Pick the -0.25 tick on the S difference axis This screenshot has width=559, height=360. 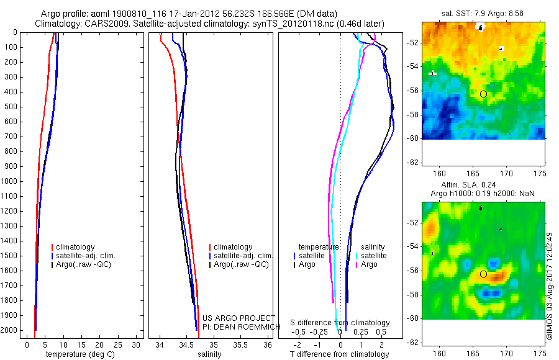[319, 332]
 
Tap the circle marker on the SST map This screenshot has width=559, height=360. [483, 94]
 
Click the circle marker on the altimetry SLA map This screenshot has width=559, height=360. [483, 274]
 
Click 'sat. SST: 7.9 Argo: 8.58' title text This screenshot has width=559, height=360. [484, 13]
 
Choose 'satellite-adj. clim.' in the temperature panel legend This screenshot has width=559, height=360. [84, 256]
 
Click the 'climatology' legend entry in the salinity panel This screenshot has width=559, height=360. [232, 247]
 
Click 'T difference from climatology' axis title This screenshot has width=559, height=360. [340, 354]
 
